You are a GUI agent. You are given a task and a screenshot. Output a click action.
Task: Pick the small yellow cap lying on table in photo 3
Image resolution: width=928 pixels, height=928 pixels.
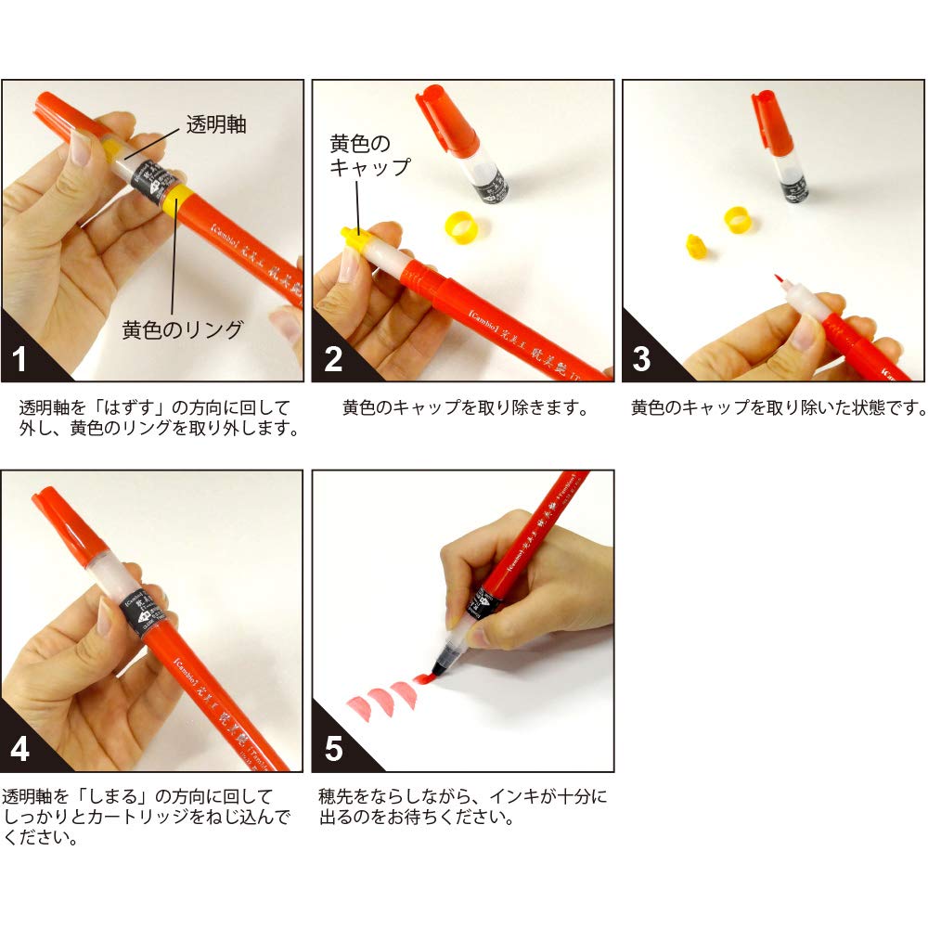coord(693,247)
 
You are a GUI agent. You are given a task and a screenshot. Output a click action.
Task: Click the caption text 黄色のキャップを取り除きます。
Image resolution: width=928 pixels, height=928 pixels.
coord(465,407)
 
